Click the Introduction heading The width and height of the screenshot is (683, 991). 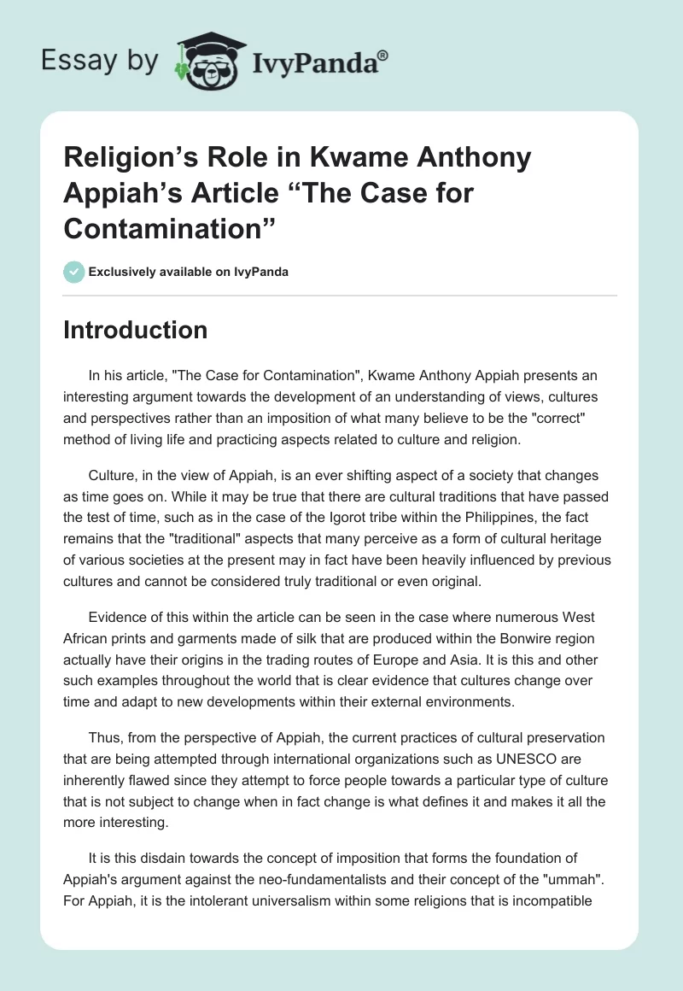click(136, 330)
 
